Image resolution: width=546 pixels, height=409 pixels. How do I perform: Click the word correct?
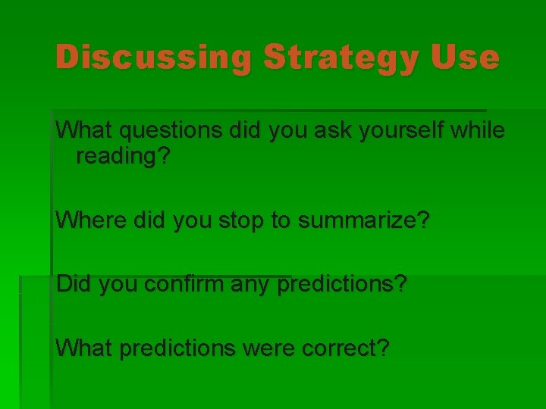(x=342, y=349)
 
